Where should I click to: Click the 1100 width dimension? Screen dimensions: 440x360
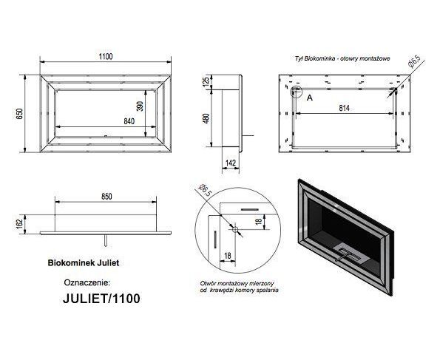106,56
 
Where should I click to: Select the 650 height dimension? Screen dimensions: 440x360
19,114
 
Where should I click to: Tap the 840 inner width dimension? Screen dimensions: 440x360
129,121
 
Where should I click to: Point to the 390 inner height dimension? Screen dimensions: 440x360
140,106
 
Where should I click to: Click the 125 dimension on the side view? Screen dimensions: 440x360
206,81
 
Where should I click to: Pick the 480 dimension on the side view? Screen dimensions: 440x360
206,118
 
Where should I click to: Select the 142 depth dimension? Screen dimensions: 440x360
231,163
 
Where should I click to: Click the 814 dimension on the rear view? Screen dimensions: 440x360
344,108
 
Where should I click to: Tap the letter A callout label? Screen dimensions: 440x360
310,98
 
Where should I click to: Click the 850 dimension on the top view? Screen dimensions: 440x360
106,197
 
